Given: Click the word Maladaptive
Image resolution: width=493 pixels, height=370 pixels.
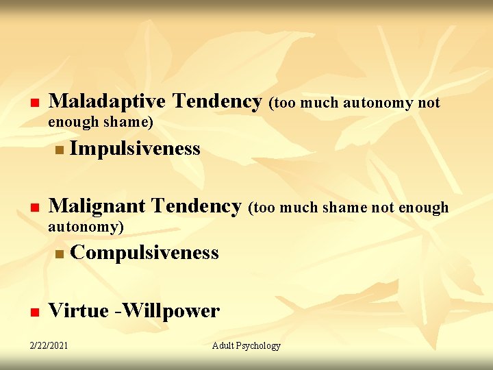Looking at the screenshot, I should pyautogui.click(x=107, y=102).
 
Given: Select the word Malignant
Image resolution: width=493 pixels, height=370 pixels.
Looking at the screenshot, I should pyautogui.click(x=97, y=206).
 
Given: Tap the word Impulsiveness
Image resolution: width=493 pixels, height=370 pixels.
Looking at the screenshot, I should pyautogui.click(x=135, y=149).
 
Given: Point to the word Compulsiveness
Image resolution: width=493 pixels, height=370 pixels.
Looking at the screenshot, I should pyautogui.click(x=144, y=253).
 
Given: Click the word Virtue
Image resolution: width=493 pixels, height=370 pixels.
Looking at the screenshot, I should pyautogui.click(x=78, y=311).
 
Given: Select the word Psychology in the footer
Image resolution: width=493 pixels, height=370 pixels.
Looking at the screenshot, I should pyautogui.click(x=259, y=345).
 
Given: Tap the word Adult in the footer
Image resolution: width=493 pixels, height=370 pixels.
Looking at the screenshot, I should pyautogui.click(x=223, y=345).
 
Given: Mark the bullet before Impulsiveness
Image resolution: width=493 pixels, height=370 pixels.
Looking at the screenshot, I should pyautogui.click(x=60, y=150).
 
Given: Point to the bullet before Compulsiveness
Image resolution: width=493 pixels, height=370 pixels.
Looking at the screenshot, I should pyautogui.click(x=60, y=254).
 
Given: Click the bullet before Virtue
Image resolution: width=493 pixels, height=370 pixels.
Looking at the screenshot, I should pyautogui.click(x=33, y=313).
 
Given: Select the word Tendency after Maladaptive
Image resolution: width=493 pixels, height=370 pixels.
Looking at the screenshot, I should pyautogui.click(x=217, y=102).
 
